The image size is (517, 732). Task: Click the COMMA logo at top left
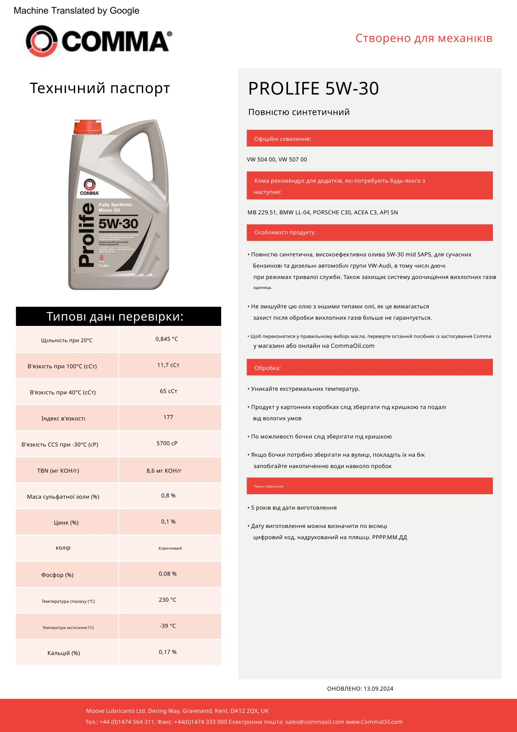pyautogui.click(x=98, y=40)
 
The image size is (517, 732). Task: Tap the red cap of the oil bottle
pyautogui.click(x=87, y=126)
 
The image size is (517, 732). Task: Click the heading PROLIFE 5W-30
pyautogui.click(x=313, y=88)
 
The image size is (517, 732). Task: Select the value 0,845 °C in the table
pyautogui.click(x=166, y=339)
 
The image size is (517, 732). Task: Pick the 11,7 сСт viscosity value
pyautogui.click(x=168, y=365)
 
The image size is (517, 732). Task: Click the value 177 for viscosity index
pyautogui.click(x=168, y=417)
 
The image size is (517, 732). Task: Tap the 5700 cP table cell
pyautogui.click(x=167, y=443)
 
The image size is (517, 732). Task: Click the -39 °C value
pyautogui.click(x=168, y=626)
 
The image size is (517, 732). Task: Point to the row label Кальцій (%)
pyautogui.click(x=63, y=653)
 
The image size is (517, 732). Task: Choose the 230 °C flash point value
pyautogui.click(x=168, y=600)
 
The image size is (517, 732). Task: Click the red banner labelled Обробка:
pyautogui.click(x=369, y=368)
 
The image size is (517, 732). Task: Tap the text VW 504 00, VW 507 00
pyautogui.click(x=277, y=159)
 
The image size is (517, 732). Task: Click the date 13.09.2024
pyautogui.click(x=378, y=689)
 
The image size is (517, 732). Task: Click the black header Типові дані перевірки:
pyautogui.click(x=119, y=316)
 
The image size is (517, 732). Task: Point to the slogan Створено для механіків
pyautogui.click(x=424, y=38)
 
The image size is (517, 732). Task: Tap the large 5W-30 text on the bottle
pyautogui.click(x=118, y=224)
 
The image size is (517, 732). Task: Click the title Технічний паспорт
pyautogui.click(x=100, y=88)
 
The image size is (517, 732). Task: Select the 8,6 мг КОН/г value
pyautogui.click(x=164, y=470)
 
